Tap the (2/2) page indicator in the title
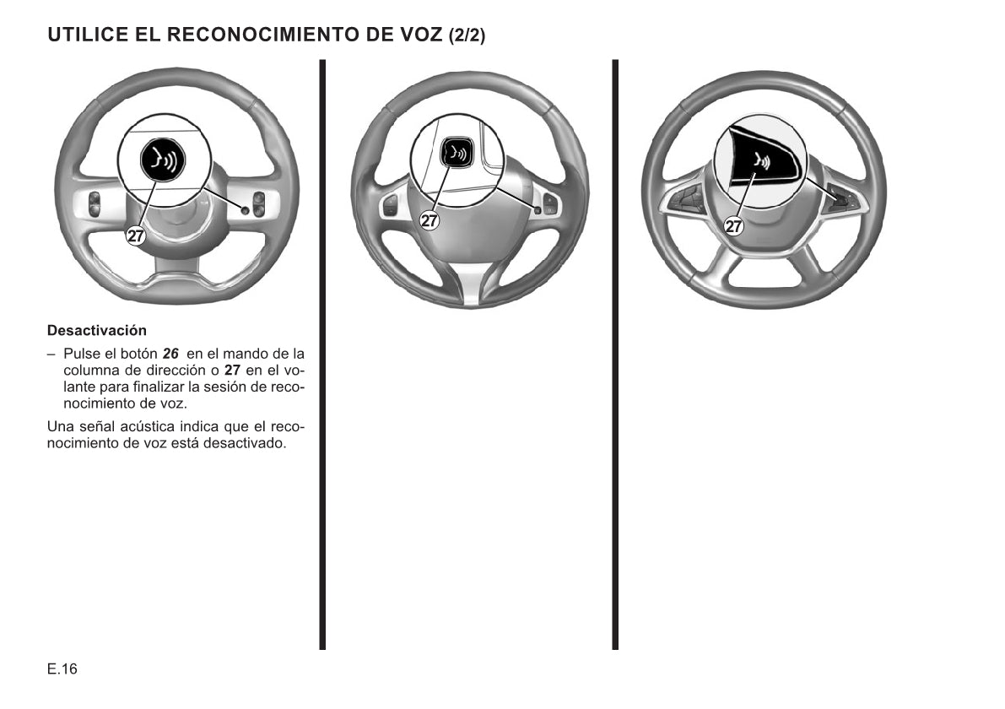point(467,35)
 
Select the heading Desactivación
point(97,331)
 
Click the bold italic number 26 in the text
point(170,354)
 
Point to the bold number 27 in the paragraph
point(232,371)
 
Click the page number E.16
point(62,669)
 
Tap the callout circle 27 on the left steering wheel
point(135,235)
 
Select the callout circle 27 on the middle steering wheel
point(429,221)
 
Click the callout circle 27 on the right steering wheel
point(733,225)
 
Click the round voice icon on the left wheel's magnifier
point(163,160)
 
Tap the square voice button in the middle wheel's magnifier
point(457,154)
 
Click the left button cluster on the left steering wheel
point(94,204)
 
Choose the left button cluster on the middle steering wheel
point(390,206)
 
